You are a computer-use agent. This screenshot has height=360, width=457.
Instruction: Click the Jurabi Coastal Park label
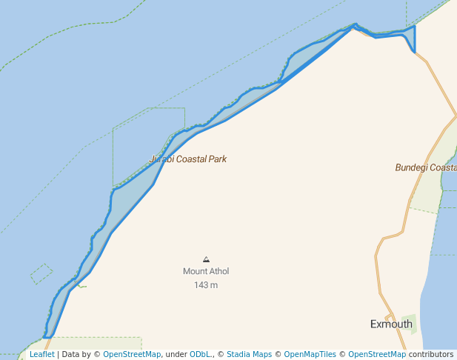pyautogui.click(x=188, y=159)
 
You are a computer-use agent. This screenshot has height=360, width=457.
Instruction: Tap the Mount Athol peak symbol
pyautogui.click(x=206, y=259)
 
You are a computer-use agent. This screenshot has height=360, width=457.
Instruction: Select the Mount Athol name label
pyautogui.click(x=206, y=271)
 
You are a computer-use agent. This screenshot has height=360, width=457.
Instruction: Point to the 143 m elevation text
pyautogui.click(x=206, y=285)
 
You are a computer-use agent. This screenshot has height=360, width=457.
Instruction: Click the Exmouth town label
pyautogui.click(x=391, y=324)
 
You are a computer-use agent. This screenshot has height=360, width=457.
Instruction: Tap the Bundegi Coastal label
pyautogui.click(x=426, y=167)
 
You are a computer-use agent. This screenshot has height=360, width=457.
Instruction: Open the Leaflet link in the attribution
pyautogui.click(x=42, y=354)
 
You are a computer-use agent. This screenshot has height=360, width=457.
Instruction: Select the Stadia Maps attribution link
pyautogui.click(x=250, y=354)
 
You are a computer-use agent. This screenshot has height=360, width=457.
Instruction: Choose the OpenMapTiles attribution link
pyautogui.click(x=310, y=354)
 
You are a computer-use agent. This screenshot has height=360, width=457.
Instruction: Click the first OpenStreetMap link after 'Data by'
pyautogui.click(x=132, y=354)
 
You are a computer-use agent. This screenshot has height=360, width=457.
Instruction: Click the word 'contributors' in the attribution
pyautogui.click(x=431, y=354)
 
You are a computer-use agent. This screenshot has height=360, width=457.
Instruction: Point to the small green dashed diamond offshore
pyautogui.click(x=41, y=274)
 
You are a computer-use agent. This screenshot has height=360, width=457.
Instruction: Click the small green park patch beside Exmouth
pyautogui.click(x=409, y=324)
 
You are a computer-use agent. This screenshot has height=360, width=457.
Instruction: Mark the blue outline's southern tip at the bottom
pyautogui.click(x=47, y=337)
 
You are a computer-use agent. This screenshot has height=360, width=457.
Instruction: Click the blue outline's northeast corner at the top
pyautogui.click(x=414, y=26)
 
